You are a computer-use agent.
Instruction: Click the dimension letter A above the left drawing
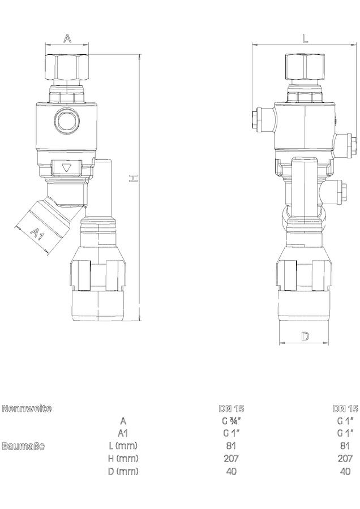click(67, 38)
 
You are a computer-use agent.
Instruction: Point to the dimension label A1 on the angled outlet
click(37, 234)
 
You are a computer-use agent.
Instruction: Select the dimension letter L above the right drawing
click(305, 38)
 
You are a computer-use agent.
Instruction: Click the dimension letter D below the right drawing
click(305, 337)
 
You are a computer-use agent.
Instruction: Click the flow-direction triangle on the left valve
click(67, 168)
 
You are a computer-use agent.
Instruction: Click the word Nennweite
click(26, 408)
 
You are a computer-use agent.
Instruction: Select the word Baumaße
click(23, 446)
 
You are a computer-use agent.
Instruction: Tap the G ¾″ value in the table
click(232, 421)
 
